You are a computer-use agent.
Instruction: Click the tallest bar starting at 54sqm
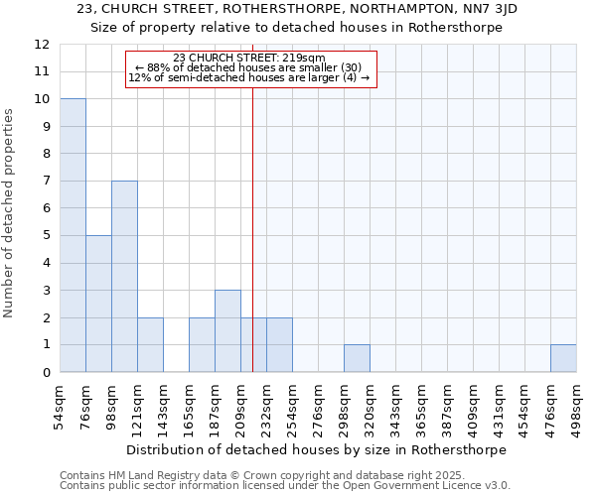tap(73, 236)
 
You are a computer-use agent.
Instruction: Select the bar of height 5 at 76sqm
tap(98, 304)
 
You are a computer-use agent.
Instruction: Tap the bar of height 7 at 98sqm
tap(124, 277)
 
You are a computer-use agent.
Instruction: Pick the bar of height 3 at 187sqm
tap(227, 331)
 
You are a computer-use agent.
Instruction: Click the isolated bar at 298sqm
tap(357, 358)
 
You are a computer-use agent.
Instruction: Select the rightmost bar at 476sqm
tap(563, 358)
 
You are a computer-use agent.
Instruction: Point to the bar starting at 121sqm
tap(150, 345)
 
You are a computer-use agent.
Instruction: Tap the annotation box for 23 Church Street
tap(251, 69)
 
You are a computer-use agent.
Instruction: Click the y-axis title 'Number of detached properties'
tap(10, 213)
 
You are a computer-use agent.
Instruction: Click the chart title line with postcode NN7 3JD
tap(297, 9)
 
